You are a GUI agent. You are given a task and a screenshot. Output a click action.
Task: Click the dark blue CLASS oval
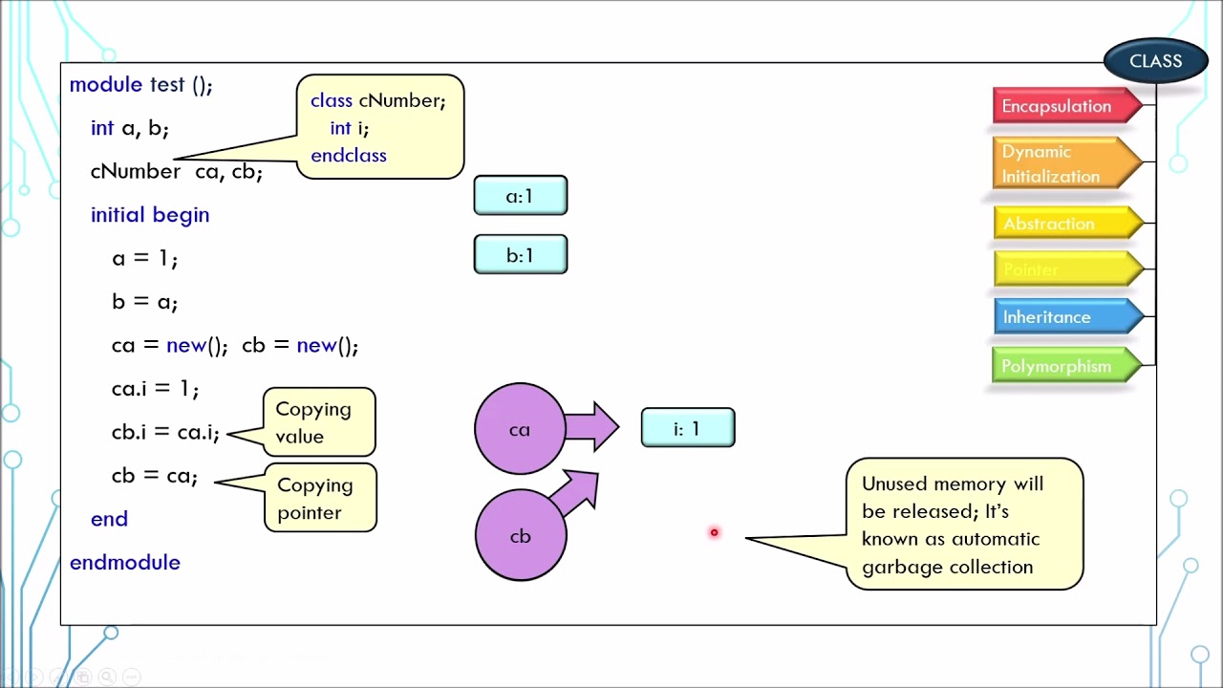coord(1155,61)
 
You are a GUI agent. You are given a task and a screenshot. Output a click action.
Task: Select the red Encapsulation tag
coord(1061,106)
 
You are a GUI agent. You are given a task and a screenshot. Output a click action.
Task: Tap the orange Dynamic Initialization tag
coord(1061,163)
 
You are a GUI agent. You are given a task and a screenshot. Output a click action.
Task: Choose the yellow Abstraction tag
coord(1061,224)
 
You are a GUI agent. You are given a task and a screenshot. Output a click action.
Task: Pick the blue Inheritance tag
coord(1061,317)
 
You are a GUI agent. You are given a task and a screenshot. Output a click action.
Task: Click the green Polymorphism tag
coord(1061,366)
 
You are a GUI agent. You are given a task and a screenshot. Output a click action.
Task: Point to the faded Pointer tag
coord(1061,270)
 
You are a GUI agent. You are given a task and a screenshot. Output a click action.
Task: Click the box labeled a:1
coord(520,196)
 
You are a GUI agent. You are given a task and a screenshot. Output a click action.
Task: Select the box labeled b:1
coord(520,255)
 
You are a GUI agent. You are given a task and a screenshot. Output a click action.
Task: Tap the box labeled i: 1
coord(687,429)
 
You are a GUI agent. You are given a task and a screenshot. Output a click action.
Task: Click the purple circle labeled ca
coord(519,429)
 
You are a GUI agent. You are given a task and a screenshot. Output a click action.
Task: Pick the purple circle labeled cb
coord(520,536)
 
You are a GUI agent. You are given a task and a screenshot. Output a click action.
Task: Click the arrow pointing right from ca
coord(592,426)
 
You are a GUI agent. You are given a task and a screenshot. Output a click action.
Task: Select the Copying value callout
coord(318,422)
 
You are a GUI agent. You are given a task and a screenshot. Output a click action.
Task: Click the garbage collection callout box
coord(964,525)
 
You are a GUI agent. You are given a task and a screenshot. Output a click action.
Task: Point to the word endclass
coord(348,156)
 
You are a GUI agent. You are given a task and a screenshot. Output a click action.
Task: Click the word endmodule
coord(124,562)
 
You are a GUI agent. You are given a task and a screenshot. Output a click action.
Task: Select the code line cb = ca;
coord(154,475)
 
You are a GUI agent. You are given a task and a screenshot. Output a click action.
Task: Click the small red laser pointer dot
coord(714,532)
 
